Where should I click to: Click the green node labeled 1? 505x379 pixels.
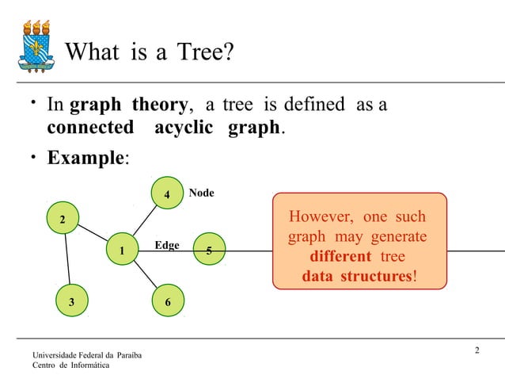(x=122, y=251)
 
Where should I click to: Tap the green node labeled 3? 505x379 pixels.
(x=71, y=302)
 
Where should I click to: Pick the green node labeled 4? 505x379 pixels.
(x=166, y=195)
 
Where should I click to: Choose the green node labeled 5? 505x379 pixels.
(x=208, y=251)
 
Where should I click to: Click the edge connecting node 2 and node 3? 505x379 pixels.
(x=66, y=260)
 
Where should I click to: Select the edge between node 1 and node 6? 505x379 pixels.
(x=145, y=277)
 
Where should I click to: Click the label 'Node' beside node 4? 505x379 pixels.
(x=201, y=193)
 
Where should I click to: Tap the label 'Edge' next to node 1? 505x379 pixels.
(x=166, y=246)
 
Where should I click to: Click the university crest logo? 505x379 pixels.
(x=36, y=44)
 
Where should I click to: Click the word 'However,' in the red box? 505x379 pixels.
(x=322, y=217)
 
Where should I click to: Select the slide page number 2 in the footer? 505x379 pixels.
(x=477, y=351)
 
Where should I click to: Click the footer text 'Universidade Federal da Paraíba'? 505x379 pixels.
(x=87, y=354)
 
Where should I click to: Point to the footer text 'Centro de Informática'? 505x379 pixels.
(x=71, y=365)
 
